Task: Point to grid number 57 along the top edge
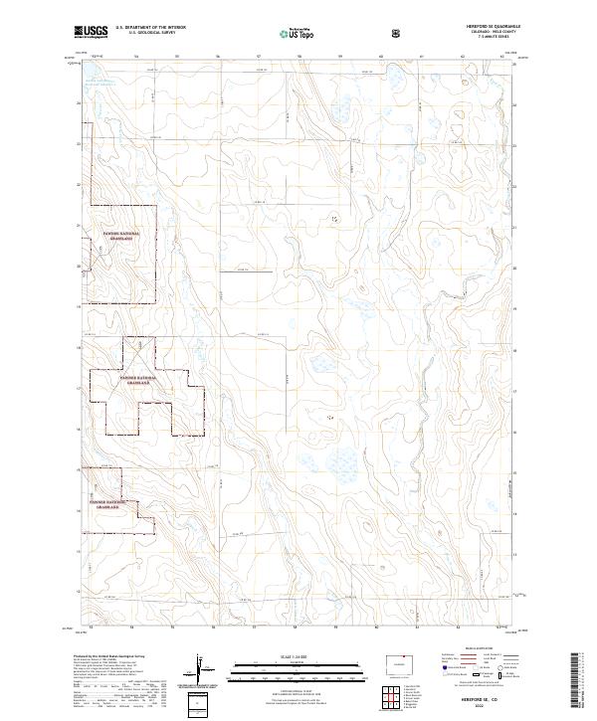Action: tap(258, 56)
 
